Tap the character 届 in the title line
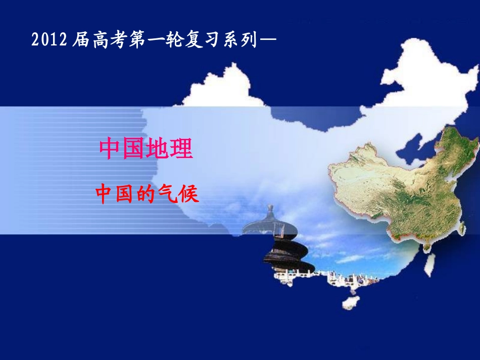tap(80, 40)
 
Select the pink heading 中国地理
tap(146, 149)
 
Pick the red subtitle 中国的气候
tap(148, 194)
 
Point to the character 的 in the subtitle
tap(148, 194)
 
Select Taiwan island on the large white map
tap(429, 264)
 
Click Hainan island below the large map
tap(350, 302)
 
